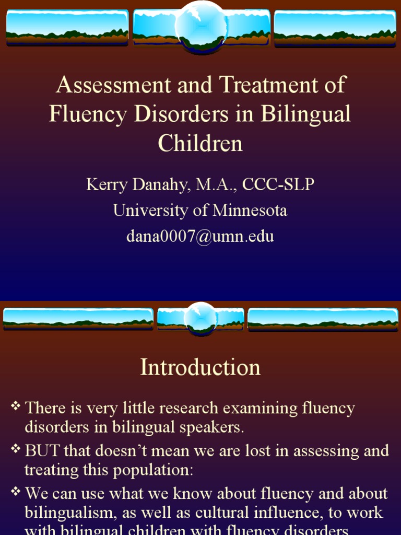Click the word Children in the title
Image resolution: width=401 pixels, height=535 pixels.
point(200,144)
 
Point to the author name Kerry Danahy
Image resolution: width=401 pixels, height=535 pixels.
point(137,185)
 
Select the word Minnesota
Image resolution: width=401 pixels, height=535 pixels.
point(250,211)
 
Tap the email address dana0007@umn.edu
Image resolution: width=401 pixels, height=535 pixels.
point(200,236)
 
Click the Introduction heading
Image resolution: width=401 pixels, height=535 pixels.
point(200,367)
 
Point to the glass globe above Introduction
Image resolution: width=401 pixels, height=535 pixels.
point(200,318)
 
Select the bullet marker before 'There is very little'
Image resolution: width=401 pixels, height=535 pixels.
point(16,406)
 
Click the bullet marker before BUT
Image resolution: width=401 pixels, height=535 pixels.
point(16,448)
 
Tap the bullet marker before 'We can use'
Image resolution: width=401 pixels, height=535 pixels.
point(16,491)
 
